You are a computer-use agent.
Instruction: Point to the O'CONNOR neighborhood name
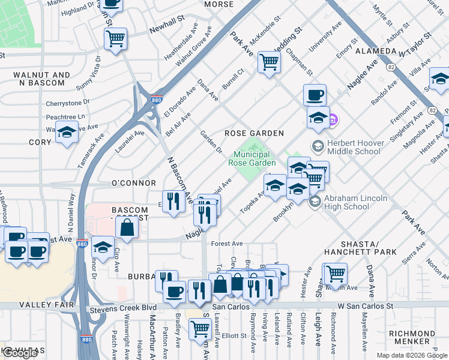tap(133, 183)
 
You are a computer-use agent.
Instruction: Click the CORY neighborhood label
tap(40, 143)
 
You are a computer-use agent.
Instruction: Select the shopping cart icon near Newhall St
tap(115, 39)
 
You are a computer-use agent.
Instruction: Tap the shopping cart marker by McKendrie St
tap(270, 61)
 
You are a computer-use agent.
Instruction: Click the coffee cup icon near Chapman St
tap(315, 95)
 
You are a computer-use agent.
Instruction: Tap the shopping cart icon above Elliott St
tap(199, 328)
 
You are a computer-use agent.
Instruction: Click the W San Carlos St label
tap(365, 305)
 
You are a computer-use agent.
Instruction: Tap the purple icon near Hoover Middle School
tap(334, 121)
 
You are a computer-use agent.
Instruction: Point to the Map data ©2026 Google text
tap(412, 355)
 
